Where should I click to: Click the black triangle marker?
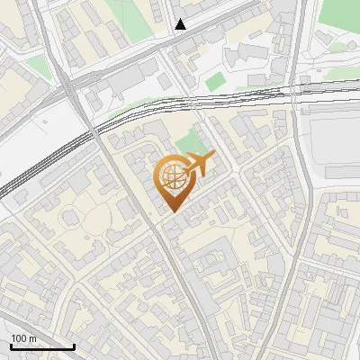pos(181,24)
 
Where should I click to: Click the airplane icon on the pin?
pos(197,165)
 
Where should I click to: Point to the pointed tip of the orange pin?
pos(173,211)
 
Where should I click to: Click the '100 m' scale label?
pos(23,338)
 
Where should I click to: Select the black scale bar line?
pos(42,346)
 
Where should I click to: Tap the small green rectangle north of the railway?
pos(214,82)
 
